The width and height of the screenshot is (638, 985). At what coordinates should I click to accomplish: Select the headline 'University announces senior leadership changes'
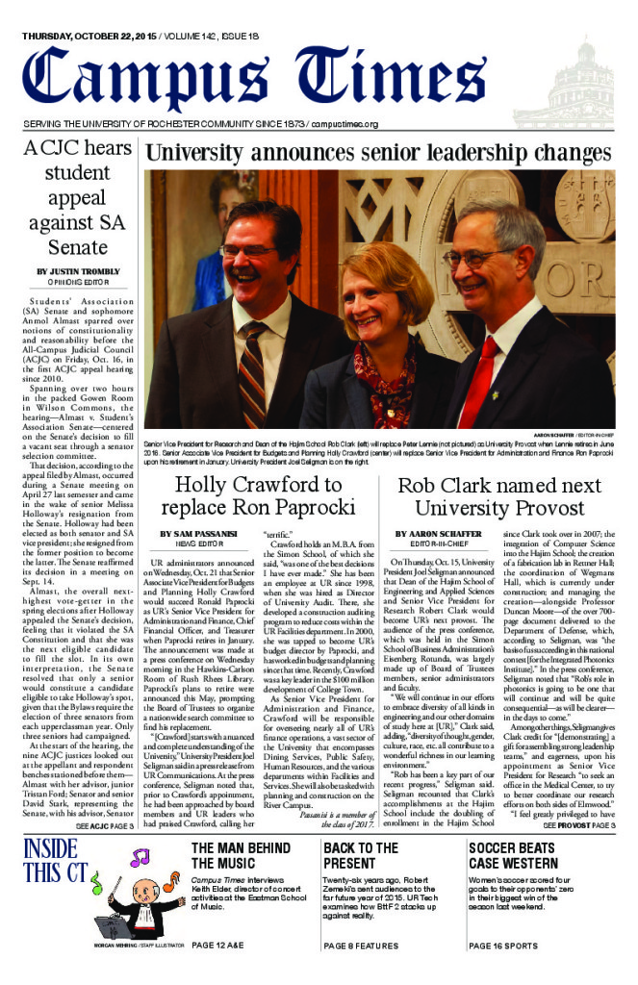378,153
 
